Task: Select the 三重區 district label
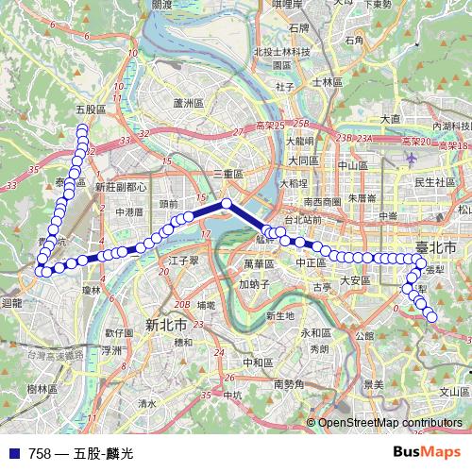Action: [x=228, y=175]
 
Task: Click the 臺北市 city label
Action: [x=436, y=247]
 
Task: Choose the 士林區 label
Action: [x=326, y=82]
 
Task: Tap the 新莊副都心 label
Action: [x=121, y=187]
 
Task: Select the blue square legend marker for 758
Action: [x=14, y=454]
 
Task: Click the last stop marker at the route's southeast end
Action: [x=432, y=317]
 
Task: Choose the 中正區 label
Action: [x=311, y=262]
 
